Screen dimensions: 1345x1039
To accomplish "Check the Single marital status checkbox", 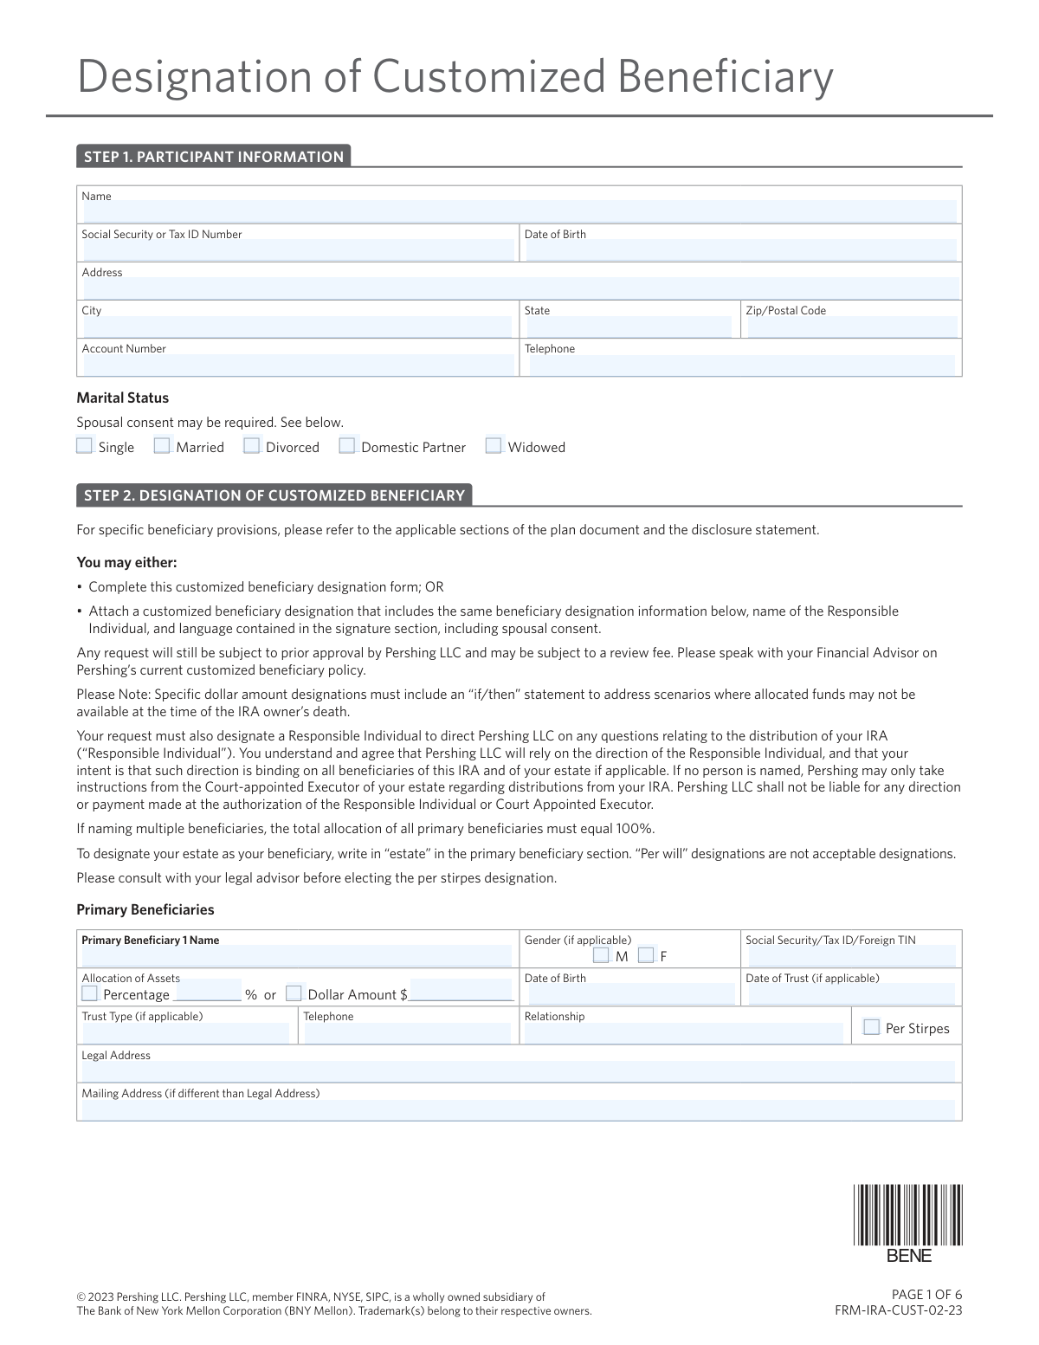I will point(84,446).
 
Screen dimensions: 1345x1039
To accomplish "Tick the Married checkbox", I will point(162,446).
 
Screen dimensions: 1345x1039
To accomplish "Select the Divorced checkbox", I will point(252,446).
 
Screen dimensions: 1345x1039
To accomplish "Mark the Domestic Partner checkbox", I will point(347,446).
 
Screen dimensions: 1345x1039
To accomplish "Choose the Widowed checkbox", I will point(494,446).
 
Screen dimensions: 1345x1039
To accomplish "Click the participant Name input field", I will point(519,211).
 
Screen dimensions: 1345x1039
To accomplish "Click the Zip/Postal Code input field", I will point(852,327).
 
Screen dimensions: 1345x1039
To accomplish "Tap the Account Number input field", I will point(296,365).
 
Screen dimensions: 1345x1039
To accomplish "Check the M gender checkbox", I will point(602,955).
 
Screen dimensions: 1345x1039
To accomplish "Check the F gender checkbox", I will point(646,955).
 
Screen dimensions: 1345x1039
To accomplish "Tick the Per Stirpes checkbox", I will point(872,1027).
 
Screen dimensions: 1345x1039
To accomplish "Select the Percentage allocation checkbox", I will point(89,993).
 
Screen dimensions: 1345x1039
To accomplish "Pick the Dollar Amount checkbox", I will point(294,993).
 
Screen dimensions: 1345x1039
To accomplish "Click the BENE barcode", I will point(907,1215).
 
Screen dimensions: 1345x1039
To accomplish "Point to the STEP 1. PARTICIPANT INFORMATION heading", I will point(214,157).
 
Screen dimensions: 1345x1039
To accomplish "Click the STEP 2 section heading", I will point(274,495).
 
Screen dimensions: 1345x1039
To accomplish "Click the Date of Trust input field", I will point(851,994).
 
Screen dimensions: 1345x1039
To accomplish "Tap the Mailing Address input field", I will point(518,1109).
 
